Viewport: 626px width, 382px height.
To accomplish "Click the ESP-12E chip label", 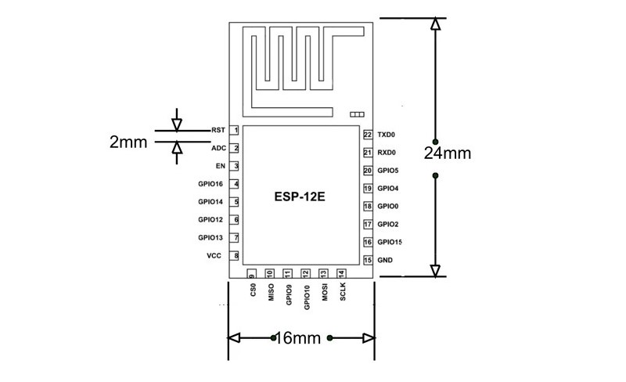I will [x=300, y=197].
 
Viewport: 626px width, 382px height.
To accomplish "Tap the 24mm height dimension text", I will [x=448, y=153].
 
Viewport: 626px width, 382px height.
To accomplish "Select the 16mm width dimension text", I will [x=300, y=338].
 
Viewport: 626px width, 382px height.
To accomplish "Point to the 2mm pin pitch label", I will [x=128, y=142].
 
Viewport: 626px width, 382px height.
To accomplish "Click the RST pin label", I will [x=218, y=130].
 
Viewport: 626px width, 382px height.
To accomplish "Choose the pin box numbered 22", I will [x=367, y=135].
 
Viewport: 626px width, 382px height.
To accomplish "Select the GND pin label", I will [x=385, y=260].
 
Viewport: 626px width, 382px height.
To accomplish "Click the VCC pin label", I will [x=213, y=256].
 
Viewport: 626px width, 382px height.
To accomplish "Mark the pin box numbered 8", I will [x=236, y=256].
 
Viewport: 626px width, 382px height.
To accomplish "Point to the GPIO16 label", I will [x=211, y=184].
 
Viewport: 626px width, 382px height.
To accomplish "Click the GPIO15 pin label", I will [x=390, y=243].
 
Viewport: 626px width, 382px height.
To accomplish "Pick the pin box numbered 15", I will [x=367, y=260].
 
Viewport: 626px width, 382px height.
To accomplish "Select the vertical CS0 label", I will [x=253, y=290].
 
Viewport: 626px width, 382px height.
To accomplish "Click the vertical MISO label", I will [x=271, y=292].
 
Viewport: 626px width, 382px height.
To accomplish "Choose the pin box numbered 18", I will [x=367, y=207].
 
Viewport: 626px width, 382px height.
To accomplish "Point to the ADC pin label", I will [x=218, y=148].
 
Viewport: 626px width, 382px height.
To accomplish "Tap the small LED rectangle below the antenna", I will [x=358, y=114].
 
